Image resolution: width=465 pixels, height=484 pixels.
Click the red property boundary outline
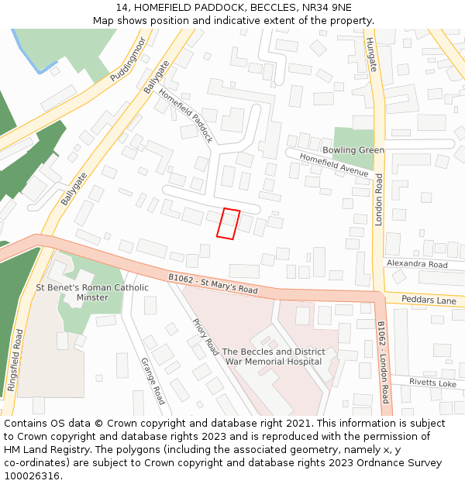[228, 224]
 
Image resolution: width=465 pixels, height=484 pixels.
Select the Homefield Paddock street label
[186, 115]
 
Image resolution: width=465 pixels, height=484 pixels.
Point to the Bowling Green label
[353, 150]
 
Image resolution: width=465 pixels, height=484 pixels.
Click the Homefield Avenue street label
[334, 166]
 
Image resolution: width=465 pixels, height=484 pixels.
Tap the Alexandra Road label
[417, 264]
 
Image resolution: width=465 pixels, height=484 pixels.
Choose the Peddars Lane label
[430, 300]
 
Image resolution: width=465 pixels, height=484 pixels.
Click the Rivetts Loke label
[432, 383]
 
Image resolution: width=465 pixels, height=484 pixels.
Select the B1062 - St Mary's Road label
[212, 283]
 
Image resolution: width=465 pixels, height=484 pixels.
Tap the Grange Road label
[153, 380]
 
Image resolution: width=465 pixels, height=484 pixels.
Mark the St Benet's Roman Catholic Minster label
[92, 292]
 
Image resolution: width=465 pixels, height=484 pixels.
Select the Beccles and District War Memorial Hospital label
[274, 356]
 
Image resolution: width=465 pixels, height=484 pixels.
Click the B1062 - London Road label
[383, 362]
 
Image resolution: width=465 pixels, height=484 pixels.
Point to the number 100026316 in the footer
[32, 476]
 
